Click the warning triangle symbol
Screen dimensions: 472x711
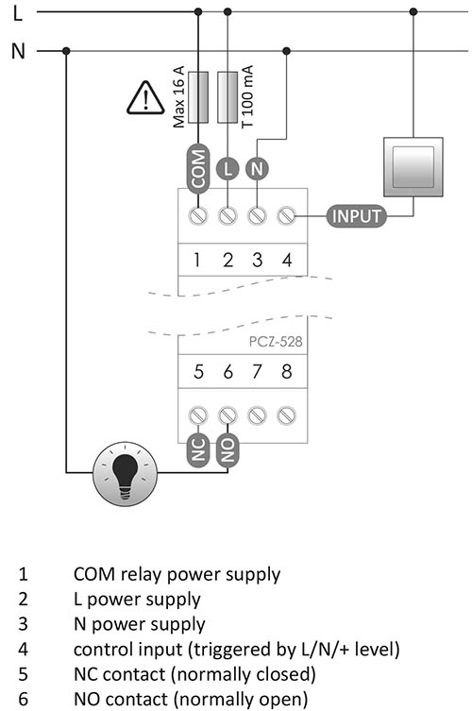point(145,98)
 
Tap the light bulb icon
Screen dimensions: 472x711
point(126,474)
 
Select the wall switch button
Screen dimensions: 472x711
point(413,167)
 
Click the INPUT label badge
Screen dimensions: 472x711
point(357,216)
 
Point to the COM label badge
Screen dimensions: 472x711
point(198,169)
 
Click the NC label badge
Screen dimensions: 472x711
point(198,449)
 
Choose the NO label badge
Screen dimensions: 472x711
point(228,449)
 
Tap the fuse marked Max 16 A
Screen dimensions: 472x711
point(198,97)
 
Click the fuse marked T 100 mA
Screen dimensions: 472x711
point(228,97)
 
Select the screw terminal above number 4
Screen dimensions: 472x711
point(287,215)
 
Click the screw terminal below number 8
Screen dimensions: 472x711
point(287,415)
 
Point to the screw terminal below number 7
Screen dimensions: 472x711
point(257,415)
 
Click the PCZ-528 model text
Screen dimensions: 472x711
point(276,342)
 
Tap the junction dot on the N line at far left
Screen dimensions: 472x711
point(66,51)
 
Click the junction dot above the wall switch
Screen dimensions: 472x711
point(413,11)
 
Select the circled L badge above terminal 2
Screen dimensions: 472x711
point(228,169)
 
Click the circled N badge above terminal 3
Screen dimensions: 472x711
point(257,169)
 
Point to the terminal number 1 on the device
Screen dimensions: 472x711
point(196,260)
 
